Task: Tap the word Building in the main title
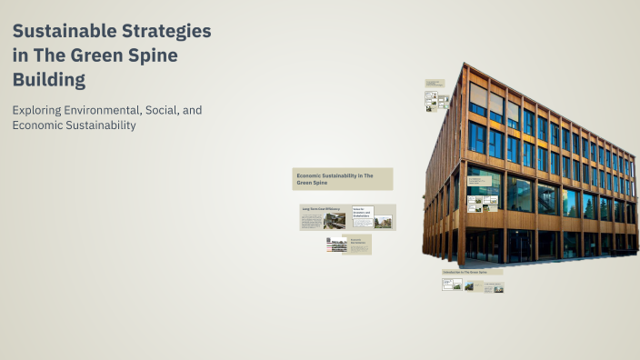(49, 80)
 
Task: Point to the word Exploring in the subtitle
(37, 110)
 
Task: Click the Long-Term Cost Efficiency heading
(321, 209)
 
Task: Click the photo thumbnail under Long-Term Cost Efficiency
(335, 220)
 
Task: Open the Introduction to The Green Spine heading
(465, 272)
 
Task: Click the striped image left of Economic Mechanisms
(337, 244)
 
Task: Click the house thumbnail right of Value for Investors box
(383, 221)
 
